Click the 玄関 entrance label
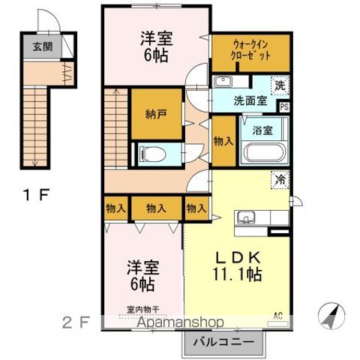42,46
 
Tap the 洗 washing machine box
279,85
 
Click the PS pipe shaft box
284,106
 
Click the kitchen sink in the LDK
247,218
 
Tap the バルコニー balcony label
224,343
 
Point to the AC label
278,315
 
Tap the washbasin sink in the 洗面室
223,82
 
